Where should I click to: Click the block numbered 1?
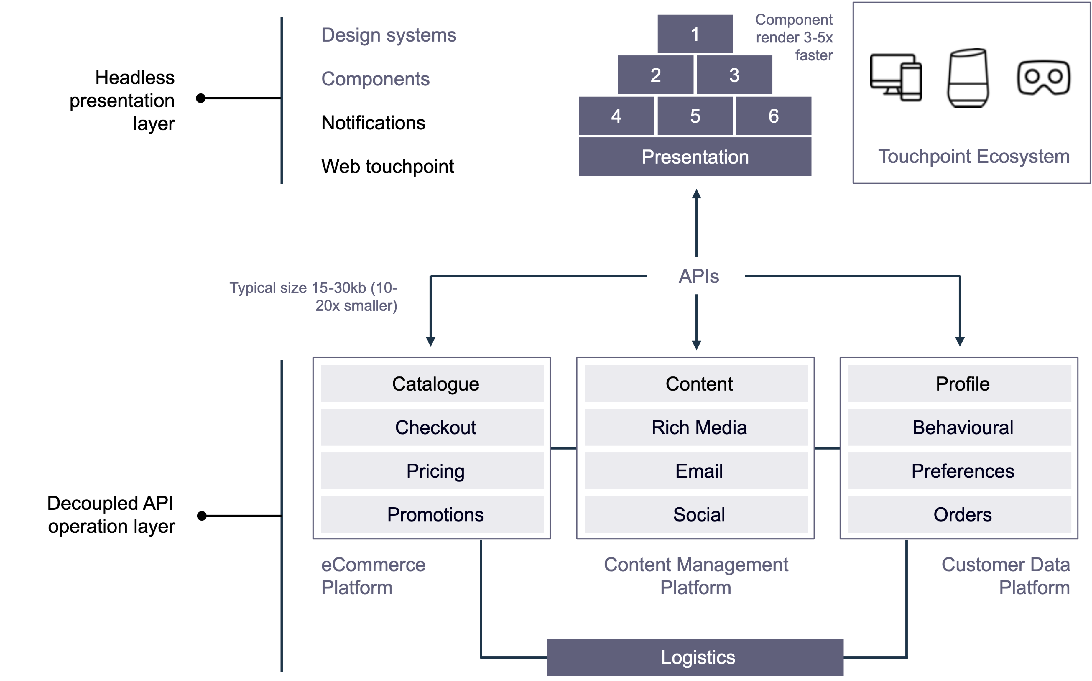(695, 34)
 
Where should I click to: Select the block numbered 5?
(695, 116)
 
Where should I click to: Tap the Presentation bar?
(695, 157)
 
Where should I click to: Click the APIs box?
(696, 276)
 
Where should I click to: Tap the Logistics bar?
(695, 657)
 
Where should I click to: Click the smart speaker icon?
(968, 78)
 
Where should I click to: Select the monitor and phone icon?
(896, 78)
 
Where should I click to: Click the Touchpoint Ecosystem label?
(973, 156)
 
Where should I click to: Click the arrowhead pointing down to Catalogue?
(430, 341)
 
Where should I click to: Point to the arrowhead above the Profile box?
(960, 341)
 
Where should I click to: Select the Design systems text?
(389, 35)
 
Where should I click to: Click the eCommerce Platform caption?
(373, 575)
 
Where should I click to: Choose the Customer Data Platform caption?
(1006, 575)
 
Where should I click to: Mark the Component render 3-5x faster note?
(794, 37)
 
